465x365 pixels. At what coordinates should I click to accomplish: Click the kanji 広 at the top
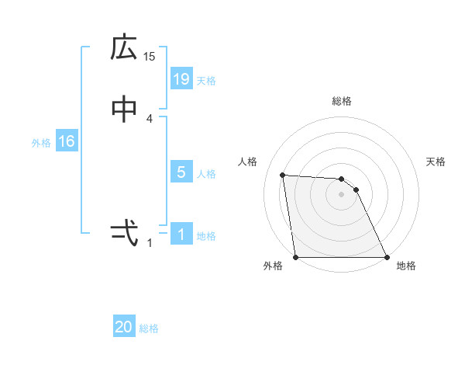click(x=124, y=48)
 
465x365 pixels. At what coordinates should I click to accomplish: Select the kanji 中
click(x=124, y=110)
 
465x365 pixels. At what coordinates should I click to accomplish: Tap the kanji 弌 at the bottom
click(x=124, y=232)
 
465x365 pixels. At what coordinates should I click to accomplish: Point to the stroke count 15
click(x=150, y=56)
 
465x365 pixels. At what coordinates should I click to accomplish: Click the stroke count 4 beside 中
click(x=150, y=118)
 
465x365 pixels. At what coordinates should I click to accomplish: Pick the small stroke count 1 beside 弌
click(x=150, y=242)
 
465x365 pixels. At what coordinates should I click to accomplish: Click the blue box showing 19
click(x=181, y=78)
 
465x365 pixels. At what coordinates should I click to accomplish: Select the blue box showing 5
click(x=181, y=172)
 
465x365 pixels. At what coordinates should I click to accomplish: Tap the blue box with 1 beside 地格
click(x=181, y=235)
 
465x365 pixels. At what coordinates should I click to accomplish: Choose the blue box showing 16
click(x=66, y=141)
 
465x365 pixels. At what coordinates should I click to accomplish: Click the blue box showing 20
click(x=124, y=328)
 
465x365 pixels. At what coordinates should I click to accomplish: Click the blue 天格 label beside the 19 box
click(x=206, y=80)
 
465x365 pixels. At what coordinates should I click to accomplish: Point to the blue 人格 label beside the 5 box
click(x=206, y=174)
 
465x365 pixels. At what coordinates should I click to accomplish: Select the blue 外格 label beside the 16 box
click(x=41, y=143)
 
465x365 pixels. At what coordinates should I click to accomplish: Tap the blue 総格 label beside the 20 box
click(x=149, y=329)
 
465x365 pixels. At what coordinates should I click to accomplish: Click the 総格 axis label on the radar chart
click(x=342, y=102)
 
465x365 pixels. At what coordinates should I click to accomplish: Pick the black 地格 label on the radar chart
click(x=406, y=266)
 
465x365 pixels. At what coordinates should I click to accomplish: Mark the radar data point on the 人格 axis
click(x=283, y=175)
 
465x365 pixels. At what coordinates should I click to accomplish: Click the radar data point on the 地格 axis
click(x=386, y=257)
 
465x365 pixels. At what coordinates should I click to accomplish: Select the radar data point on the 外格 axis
click(x=296, y=257)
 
